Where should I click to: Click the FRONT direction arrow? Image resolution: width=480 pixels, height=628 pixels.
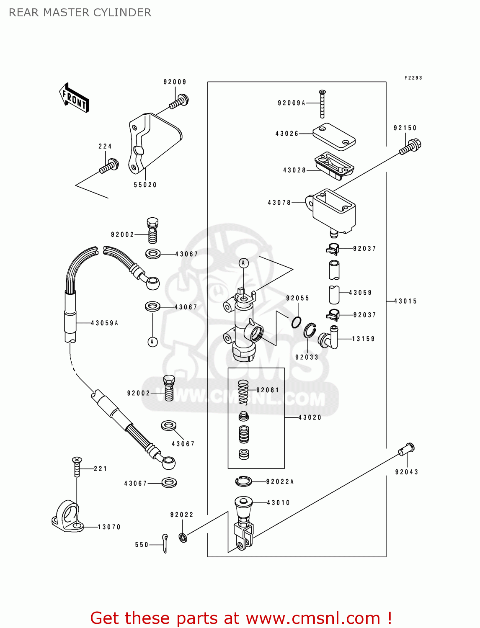pos(74,98)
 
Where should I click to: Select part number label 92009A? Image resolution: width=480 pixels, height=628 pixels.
pos(292,103)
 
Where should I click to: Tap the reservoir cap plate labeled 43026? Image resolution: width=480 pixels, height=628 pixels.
pos(334,136)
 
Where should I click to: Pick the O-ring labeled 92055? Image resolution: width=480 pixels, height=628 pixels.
pos(297,322)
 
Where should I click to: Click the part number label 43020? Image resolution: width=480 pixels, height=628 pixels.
pos(310,417)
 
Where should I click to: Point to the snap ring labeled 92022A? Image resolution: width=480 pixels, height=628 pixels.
pos(243,481)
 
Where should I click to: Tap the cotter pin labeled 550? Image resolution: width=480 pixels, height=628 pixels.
pos(165,543)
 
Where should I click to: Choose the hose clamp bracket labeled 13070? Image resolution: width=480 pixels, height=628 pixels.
pos(68,517)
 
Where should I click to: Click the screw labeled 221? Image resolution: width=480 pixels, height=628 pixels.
pos(77,466)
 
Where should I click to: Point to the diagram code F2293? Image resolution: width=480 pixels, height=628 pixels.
pos(413,78)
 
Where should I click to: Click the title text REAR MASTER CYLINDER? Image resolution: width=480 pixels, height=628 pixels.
pos(80,13)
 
